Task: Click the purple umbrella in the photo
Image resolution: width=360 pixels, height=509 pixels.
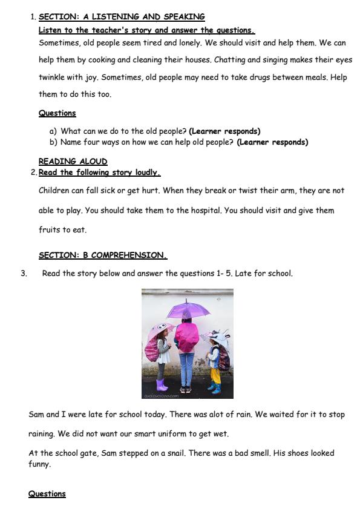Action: coord(188,309)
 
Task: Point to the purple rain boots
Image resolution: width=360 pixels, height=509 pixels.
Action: coord(162,385)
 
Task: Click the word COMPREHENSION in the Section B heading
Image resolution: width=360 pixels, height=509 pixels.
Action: coord(129,255)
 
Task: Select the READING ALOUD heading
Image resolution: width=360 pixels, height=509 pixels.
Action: coord(73,162)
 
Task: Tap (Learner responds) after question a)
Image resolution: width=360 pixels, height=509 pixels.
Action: coord(224,131)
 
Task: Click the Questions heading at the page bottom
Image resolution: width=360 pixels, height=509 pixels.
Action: coord(47,494)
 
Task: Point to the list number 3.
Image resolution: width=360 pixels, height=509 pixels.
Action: coord(24,274)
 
